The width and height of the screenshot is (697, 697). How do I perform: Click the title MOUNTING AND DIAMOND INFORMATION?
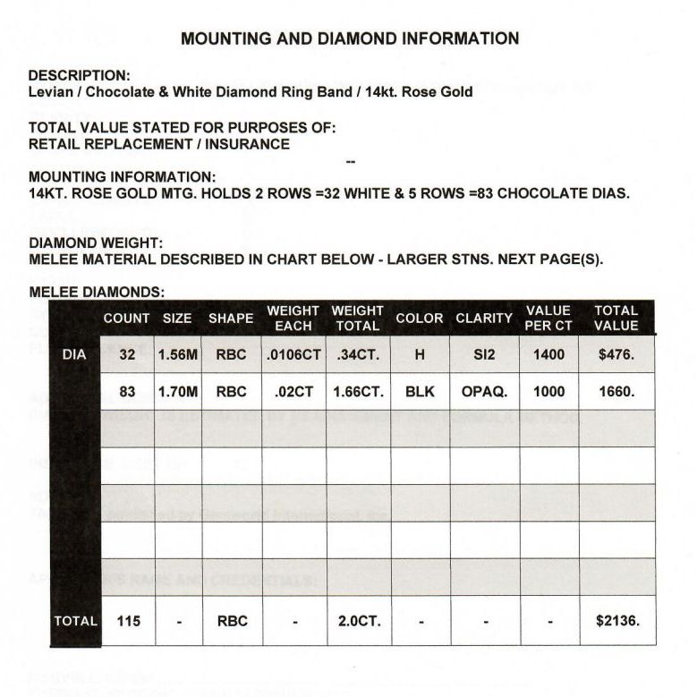[350, 38]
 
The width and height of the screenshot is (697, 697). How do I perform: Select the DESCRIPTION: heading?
[80, 75]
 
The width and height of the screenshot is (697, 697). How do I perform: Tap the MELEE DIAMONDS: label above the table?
[97, 292]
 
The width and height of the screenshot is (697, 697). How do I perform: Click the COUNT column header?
[126, 318]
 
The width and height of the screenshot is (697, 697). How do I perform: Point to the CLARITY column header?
[483, 318]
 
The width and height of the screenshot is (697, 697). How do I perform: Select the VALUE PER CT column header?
[548, 318]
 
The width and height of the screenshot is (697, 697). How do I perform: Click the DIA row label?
[74, 354]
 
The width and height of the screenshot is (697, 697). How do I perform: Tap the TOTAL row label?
[75, 620]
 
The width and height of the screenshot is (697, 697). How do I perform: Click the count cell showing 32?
[127, 354]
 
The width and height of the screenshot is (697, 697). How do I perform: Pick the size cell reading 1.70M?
[177, 391]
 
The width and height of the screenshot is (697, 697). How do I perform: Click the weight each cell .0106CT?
[293, 354]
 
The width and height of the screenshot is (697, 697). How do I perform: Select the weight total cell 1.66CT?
[358, 391]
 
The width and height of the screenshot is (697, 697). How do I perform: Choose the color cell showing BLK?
[420, 391]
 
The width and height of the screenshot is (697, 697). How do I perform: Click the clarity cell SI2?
[483, 354]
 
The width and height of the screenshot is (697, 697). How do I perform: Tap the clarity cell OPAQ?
[483, 391]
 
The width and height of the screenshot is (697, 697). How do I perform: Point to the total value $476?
[616, 354]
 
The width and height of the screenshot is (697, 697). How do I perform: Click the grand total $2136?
[616, 620]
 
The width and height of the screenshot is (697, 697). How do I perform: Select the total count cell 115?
[129, 620]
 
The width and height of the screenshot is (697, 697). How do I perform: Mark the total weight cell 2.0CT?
[358, 620]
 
